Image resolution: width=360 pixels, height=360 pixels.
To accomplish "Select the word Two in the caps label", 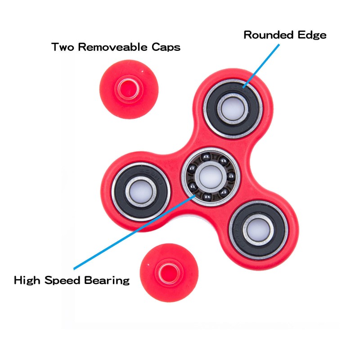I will coord(63,47).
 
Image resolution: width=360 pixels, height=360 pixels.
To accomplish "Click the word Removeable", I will coord(115,47).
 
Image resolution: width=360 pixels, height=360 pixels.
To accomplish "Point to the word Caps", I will coord(166,47).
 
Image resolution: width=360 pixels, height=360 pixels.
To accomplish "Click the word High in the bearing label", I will coord(28,281).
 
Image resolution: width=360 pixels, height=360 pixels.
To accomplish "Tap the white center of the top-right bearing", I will coord(232,108).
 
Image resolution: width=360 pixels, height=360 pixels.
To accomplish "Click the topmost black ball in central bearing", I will coord(206,157).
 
